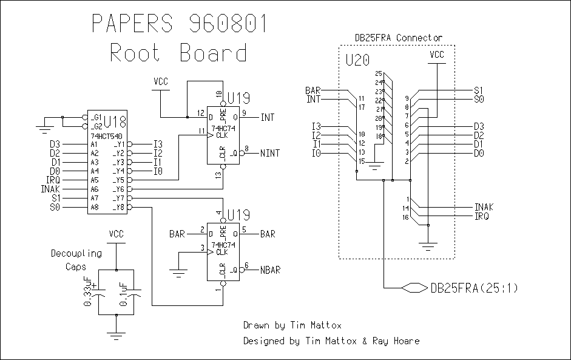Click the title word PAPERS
click(x=132, y=24)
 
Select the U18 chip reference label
click(x=114, y=121)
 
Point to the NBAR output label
click(x=271, y=268)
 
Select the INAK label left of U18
click(x=52, y=189)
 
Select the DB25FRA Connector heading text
click(x=399, y=38)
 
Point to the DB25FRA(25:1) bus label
click(x=475, y=288)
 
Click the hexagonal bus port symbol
click(x=414, y=287)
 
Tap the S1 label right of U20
click(x=478, y=90)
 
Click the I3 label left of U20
click(x=316, y=126)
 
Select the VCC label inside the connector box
click(x=437, y=55)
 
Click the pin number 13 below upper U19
click(x=218, y=175)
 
